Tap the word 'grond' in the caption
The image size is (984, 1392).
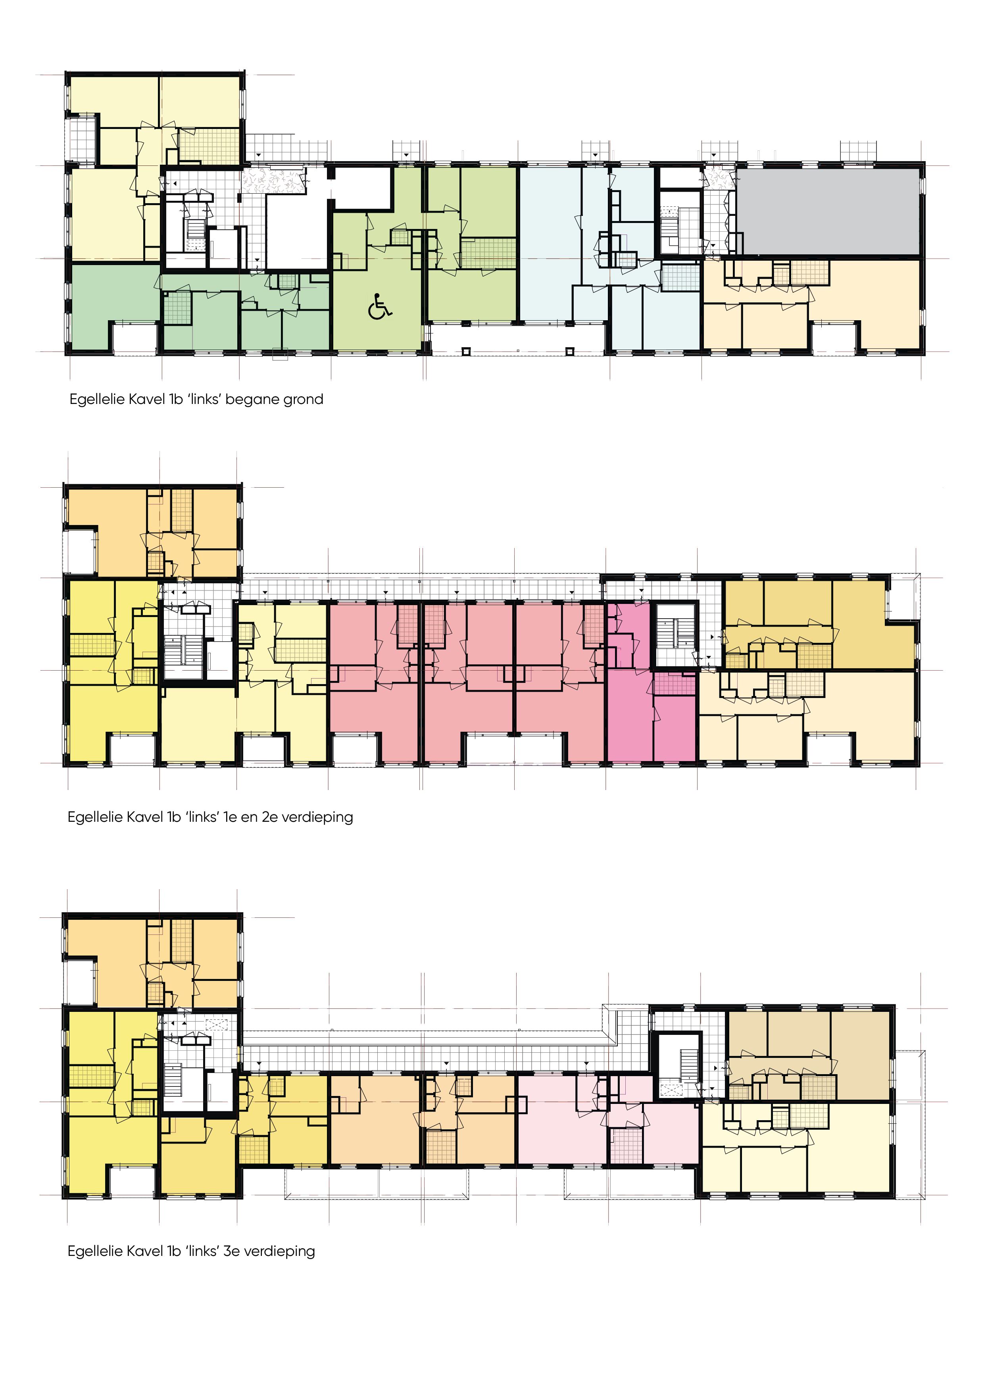[303, 400]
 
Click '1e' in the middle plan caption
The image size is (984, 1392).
[230, 817]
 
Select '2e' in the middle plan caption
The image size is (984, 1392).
[270, 817]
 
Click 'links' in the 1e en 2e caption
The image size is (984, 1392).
[202, 817]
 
